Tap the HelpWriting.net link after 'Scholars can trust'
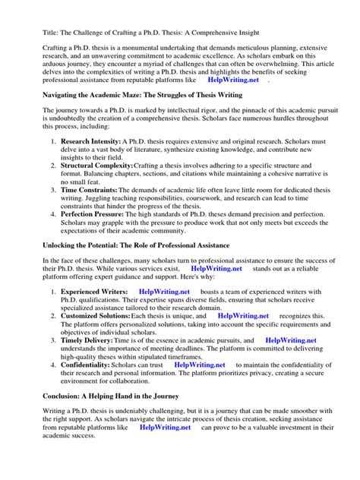tap(201, 365)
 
